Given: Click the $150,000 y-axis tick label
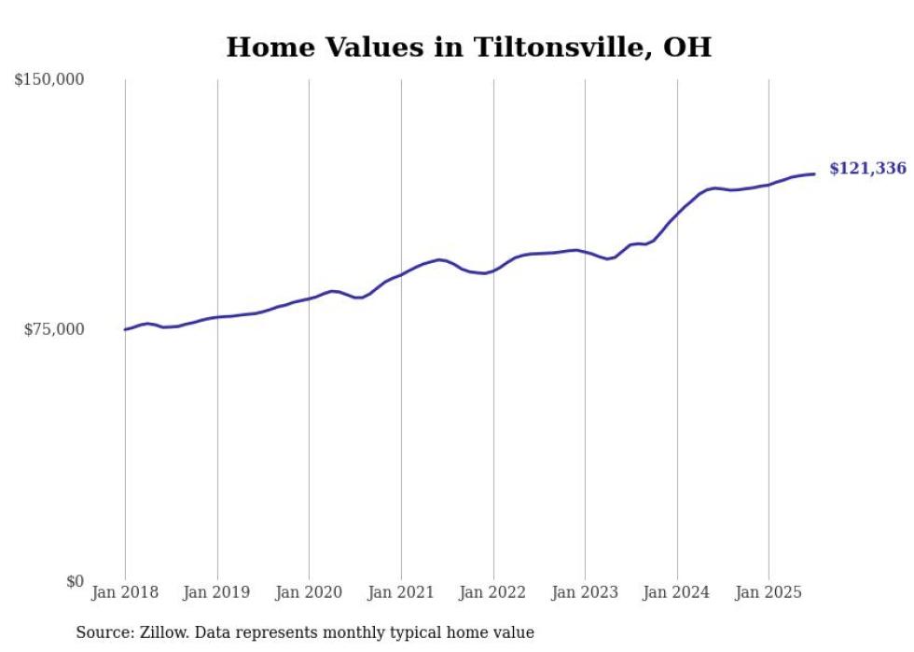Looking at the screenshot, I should pyautogui.click(x=49, y=80).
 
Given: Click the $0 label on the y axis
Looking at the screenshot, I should pyautogui.click(x=76, y=581).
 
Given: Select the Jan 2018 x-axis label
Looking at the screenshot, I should pyautogui.click(x=125, y=592).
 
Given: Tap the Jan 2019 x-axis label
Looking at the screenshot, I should pyautogui.click(x=217, y=592).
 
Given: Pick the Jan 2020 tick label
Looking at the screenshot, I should pyautogui.click(x=309, y=592).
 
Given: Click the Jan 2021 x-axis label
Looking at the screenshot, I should pyautogui.click(x=401, y=592).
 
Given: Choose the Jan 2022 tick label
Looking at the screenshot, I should pyautogui.click(x=493, y=592).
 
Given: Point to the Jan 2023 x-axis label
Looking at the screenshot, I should pyautogui.click(x=585, y=592).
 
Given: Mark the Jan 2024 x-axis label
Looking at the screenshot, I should pyautogui.click(x=677, y=592).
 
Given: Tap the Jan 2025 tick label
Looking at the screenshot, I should pyautogui.click(x=769, y=592).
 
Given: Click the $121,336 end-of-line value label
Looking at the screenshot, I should pyautogui.click(x=867, y=169).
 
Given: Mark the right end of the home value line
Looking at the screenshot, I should pyautogui.click(x=814, y=173).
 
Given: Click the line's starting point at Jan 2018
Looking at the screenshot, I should pyautogui.click(x=125, y=329).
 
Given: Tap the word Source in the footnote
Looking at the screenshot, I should pyautogui.click(x=103, y=632).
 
